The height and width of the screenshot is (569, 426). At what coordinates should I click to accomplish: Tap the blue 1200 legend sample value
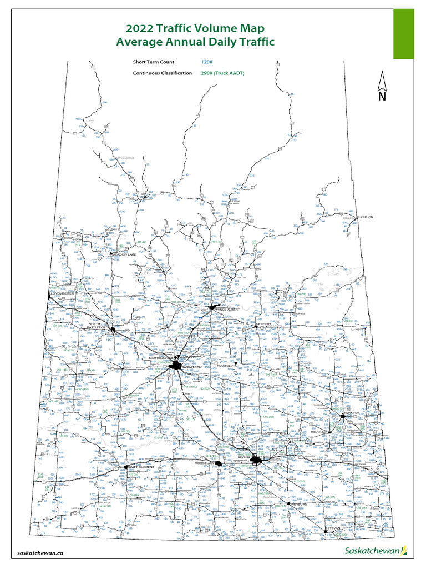206,62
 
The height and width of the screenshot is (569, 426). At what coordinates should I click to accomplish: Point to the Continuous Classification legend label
163,73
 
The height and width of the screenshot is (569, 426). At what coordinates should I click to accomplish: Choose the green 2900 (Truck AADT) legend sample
222,73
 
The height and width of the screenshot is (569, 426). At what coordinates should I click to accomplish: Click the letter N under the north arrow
382,97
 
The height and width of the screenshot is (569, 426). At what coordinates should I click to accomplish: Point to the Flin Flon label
363,218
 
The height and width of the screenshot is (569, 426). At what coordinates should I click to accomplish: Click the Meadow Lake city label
124,254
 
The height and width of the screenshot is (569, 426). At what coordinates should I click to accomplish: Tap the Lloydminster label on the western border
62,293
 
